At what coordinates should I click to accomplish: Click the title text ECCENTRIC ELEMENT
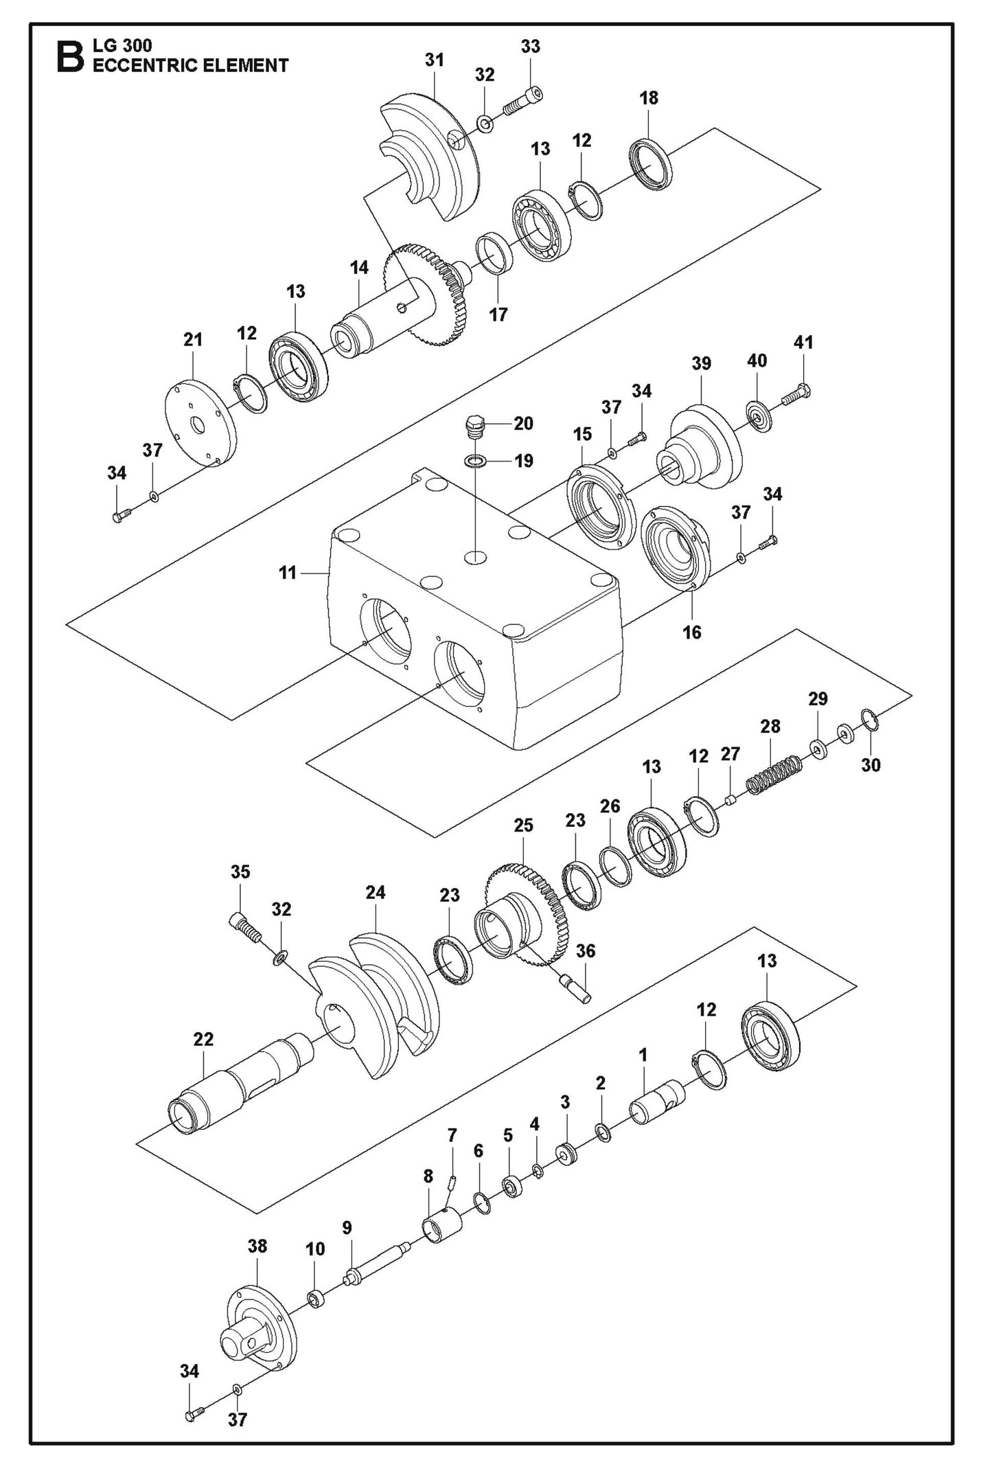[190, 66]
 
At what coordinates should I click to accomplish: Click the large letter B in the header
[71, 56]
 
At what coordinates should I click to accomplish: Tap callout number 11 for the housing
[288, 572]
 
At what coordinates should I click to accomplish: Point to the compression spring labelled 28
[774, 775]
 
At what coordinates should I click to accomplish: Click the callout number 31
[434, 60]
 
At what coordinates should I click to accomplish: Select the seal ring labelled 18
[651, 163]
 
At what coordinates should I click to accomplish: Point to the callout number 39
[701, 363]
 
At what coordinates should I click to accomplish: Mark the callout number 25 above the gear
[523, 825]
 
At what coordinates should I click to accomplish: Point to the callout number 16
[691, 632]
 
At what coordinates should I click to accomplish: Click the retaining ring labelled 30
[869, 721]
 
